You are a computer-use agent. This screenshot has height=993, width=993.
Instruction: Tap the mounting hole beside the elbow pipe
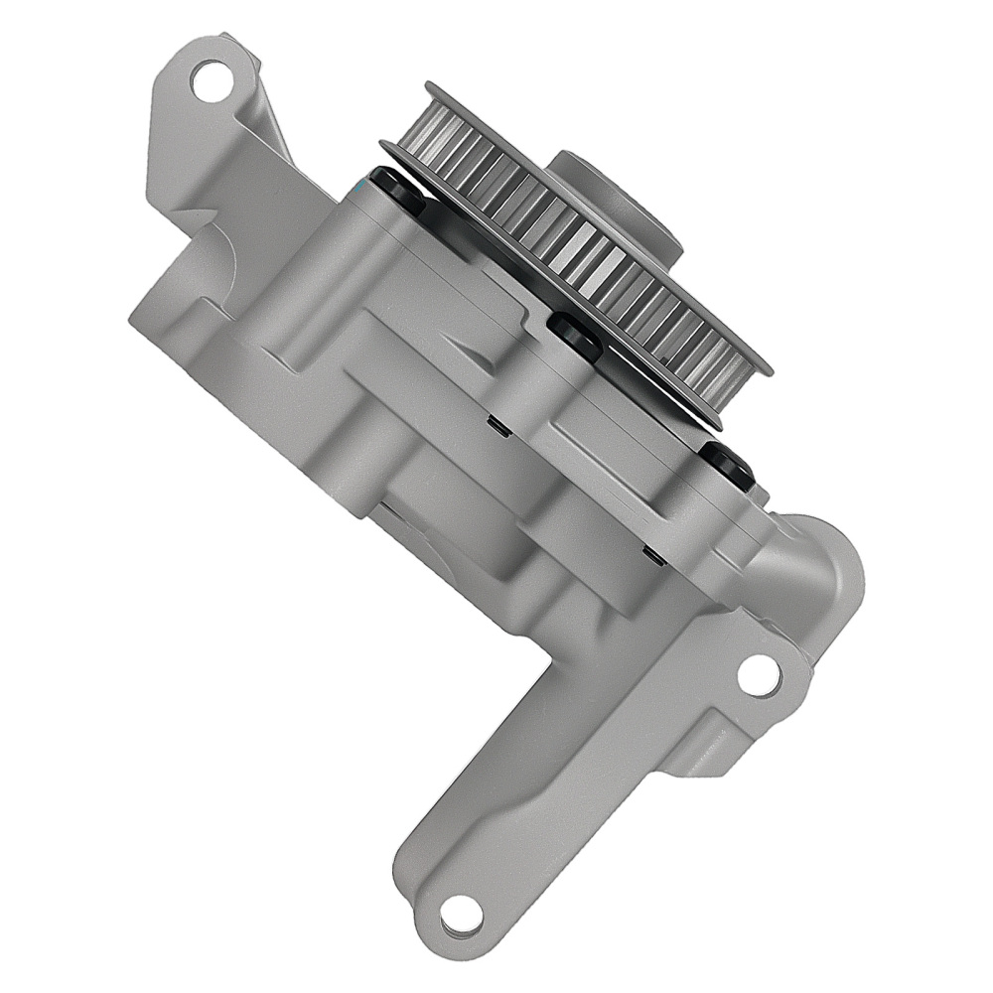coord(759,675)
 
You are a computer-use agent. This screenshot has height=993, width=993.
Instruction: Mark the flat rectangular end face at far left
coord(164,298)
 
